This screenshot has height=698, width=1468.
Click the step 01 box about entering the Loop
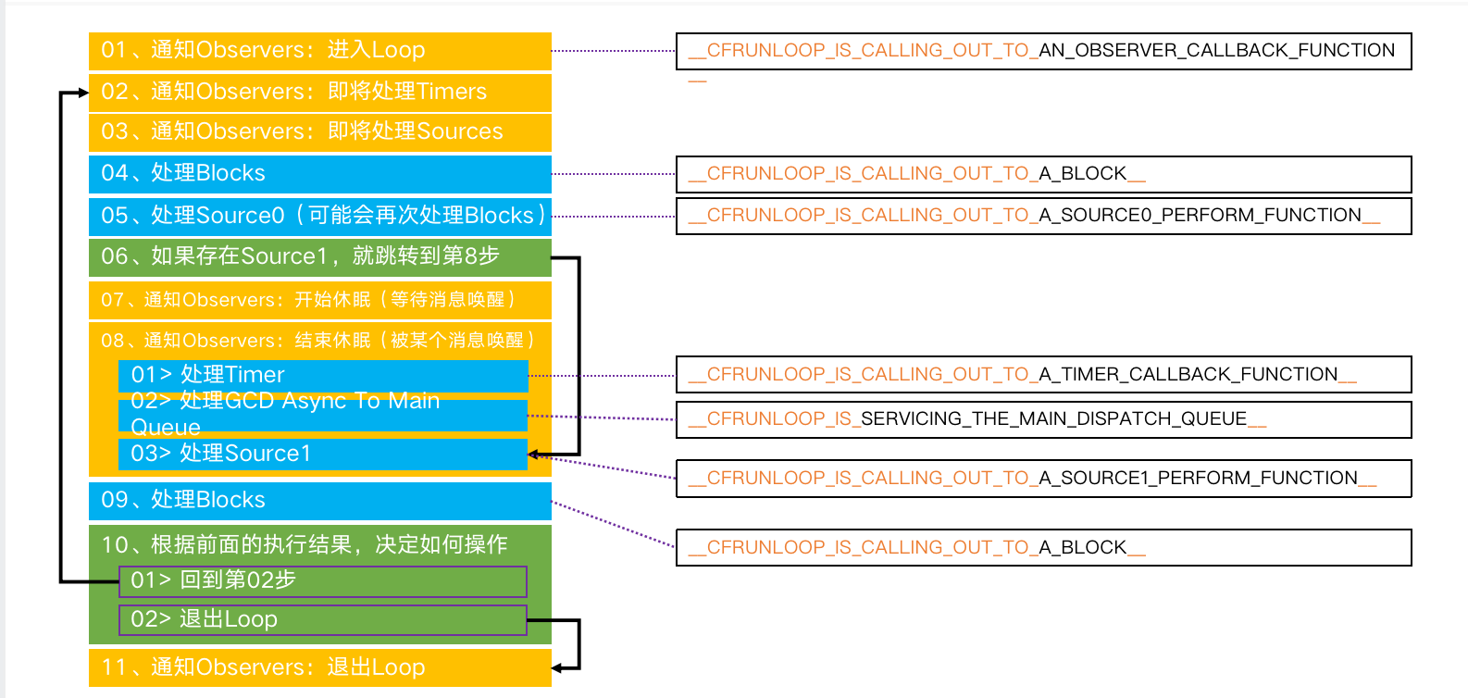tap(319, 51)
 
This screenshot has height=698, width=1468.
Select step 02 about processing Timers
tap(319, 92)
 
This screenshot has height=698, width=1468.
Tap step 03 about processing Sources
tap(319, 131)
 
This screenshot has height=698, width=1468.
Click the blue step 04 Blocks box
tap(319, 173)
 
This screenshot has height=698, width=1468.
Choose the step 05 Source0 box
tap(319, 216)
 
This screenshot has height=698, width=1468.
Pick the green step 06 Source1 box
tap(319, 256)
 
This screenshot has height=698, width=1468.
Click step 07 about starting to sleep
tap(319, 300)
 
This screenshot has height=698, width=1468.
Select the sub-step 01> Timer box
tap(323, 375)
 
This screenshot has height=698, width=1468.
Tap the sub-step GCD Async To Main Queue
tap(323, 414)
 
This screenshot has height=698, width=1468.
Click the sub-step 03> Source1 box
tap(323, 454)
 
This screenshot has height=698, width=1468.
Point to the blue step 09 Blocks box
tap(319, 500)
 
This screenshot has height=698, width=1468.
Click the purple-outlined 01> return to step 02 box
tap(323, 581)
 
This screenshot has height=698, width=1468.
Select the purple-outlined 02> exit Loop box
tap(323, 620)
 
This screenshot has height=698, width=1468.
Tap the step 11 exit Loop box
tap(319, 667)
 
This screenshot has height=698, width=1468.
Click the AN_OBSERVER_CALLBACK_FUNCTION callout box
tap(1043, 51)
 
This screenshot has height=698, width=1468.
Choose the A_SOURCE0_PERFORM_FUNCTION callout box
tap(1043, 216)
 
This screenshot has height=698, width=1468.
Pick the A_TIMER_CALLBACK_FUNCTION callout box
tap(1043, 375)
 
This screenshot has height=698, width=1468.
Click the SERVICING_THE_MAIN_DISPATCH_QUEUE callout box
tap(1043, 419)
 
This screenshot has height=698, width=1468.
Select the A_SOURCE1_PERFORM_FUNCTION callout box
tap(1043, 479)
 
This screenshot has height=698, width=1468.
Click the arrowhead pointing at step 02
tap(83, 93)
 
